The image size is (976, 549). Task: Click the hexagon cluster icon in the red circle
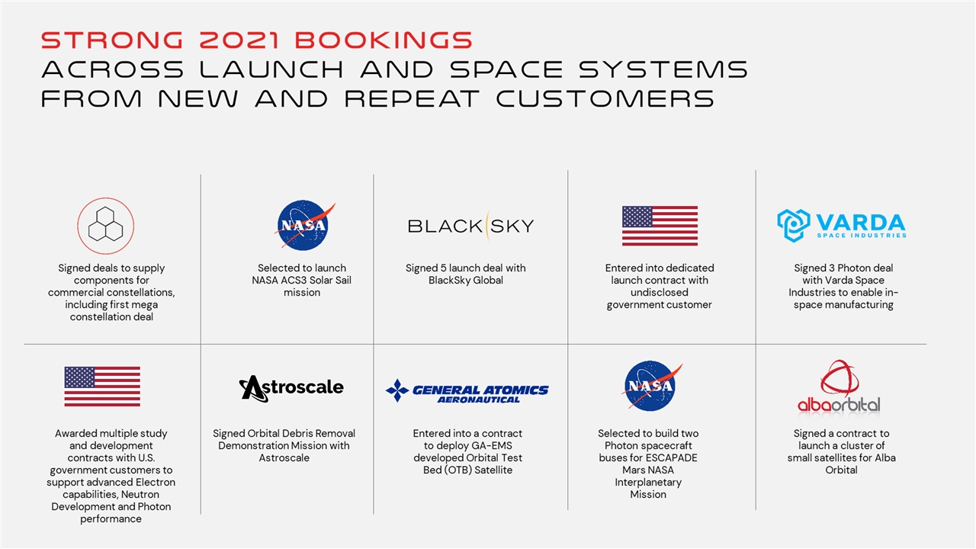click(105, 226)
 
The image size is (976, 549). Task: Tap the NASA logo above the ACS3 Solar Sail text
click(304, 225)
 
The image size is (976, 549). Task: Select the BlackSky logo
click(470, 226)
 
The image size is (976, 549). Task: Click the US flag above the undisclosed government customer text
click(660, 226)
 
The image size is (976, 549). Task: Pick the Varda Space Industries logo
click(842, 225)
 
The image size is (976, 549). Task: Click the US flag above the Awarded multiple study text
click(102, 387)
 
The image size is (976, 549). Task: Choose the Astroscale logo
click(291, 388)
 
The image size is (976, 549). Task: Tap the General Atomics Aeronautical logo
click(467, 391)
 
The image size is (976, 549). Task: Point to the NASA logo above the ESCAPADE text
click(651, 386)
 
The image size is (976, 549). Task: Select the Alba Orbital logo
click(839, 387)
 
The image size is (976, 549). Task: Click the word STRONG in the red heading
click(112, 40)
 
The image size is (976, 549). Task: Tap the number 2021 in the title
click(239, 40)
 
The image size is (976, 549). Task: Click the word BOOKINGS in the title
click(384, 40)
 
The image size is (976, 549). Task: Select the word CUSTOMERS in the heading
click(605, 98)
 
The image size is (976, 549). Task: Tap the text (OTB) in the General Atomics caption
click(457, 470)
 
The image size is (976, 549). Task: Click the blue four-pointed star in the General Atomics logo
click(397, 390)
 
